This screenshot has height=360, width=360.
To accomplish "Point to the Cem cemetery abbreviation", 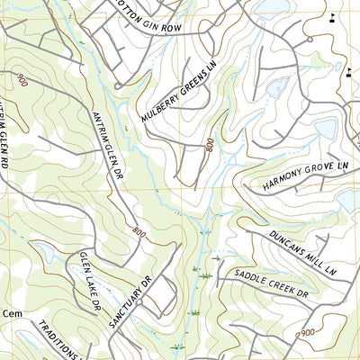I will [x=11, y=313].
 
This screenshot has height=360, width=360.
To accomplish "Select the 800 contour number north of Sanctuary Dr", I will [x=138, y=231].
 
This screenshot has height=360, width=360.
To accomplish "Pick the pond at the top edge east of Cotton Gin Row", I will [x=269, y=7].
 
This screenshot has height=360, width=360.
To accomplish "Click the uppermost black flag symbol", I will [x=332, y=15].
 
